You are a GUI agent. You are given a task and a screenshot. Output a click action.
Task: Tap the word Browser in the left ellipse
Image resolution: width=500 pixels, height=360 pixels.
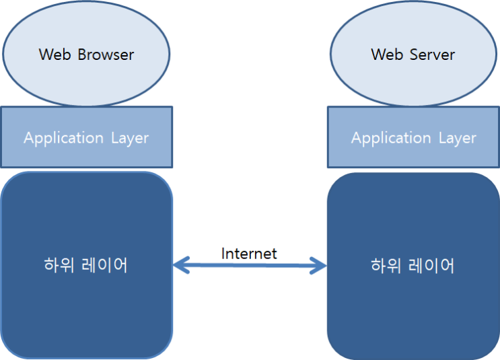coord(106,55)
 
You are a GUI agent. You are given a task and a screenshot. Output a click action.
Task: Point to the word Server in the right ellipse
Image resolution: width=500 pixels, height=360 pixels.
coord(433,55)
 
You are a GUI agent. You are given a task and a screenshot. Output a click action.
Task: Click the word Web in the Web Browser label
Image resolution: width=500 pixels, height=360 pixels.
coord(55,55)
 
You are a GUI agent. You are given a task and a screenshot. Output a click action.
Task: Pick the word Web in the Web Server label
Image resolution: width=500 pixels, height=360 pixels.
coord(387,55)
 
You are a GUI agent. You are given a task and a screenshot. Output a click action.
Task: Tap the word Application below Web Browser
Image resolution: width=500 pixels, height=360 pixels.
coord(63,139)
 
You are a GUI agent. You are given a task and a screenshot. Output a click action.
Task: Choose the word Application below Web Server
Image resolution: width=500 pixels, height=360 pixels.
coord(390,139)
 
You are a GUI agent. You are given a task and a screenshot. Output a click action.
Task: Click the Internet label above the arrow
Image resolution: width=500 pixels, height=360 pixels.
coord(249,254)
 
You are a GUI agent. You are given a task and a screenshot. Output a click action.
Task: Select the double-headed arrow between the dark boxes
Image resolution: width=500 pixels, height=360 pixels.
coord(250,266)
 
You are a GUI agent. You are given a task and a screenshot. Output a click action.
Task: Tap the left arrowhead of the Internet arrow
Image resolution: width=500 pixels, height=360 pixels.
coord(180,266)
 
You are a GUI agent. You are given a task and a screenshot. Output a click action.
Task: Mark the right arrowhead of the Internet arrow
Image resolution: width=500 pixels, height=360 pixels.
coord(319,266)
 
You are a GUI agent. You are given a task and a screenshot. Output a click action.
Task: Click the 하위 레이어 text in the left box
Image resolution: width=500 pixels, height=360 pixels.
coord(86,265)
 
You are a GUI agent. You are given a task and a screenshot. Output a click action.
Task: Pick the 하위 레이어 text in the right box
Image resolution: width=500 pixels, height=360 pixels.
coord(413,265)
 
